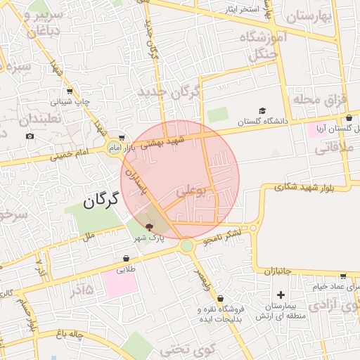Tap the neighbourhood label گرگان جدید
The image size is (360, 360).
pos(169,93)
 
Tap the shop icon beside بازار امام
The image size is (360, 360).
pos(123,139)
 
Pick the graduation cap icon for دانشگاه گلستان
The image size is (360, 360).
pos(262,111)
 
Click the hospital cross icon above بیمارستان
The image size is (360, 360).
pos(281,295)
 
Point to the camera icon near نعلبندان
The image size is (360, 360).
pos(30,136)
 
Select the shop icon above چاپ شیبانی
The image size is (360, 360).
pos(69,91)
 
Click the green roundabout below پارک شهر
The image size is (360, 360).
pos(186,246)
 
